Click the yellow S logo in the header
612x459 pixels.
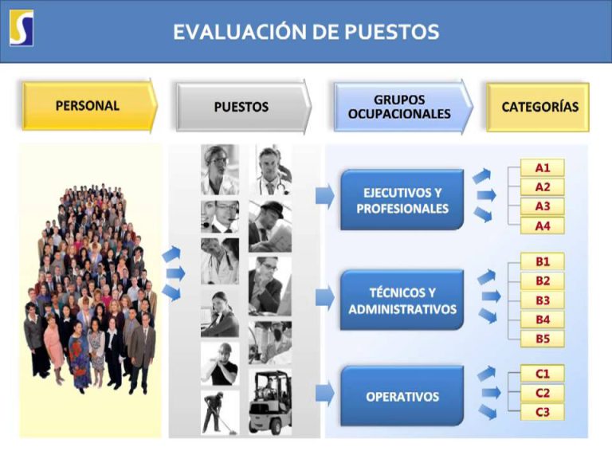22,28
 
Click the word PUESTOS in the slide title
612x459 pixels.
392,32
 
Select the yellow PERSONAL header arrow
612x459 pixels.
90,106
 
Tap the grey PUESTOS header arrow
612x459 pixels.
244,107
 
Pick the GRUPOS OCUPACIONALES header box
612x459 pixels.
403,107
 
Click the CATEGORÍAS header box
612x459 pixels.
538,107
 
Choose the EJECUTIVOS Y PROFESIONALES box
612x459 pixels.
402,200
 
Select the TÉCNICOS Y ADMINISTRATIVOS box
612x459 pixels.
402,300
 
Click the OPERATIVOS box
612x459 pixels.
402,396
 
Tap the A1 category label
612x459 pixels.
543,168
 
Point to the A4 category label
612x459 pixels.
543,226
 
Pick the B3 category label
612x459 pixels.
543,300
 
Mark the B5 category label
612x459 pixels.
543,339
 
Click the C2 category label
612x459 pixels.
543,393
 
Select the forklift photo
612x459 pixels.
270,402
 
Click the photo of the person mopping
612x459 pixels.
220,413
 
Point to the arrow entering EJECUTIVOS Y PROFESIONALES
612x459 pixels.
325,195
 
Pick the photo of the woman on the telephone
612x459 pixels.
220,314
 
